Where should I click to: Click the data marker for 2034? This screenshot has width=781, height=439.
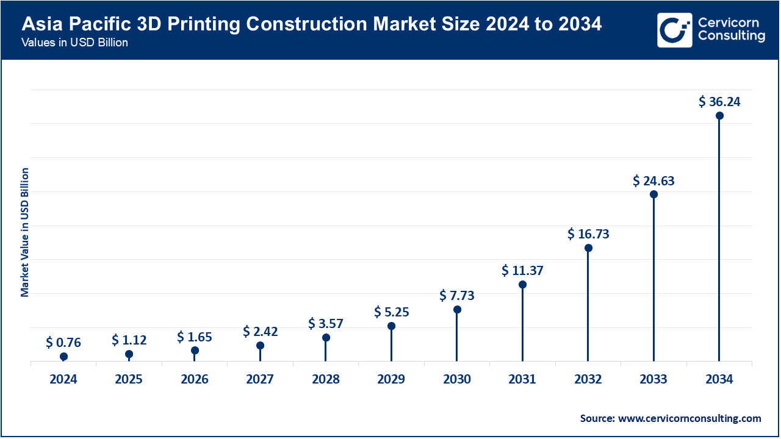719,115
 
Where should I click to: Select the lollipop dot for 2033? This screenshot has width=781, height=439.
653,195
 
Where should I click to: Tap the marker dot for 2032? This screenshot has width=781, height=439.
588,248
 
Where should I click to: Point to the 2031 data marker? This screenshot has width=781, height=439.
522,284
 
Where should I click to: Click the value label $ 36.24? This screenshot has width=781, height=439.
719,102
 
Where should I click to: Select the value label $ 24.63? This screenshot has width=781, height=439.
653,181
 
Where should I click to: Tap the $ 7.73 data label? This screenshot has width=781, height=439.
457,296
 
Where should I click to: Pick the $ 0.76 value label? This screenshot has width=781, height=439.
63,343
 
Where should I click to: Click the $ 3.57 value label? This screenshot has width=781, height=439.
326,323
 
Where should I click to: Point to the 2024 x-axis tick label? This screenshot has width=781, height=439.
63,379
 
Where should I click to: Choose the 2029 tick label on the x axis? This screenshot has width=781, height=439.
391,379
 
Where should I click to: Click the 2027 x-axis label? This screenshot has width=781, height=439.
260,379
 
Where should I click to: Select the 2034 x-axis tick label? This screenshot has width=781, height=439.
719,379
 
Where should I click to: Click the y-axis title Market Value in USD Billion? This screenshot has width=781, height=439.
25,232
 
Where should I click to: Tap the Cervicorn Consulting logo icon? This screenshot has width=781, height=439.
674,30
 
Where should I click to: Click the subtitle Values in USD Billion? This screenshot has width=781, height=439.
74,43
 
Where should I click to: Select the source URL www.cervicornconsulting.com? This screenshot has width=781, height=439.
689,418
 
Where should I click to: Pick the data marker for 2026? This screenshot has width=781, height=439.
195,351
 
